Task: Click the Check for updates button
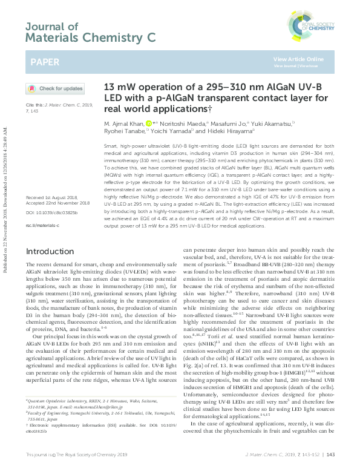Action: pyautogui.click(x=54, y=88)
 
